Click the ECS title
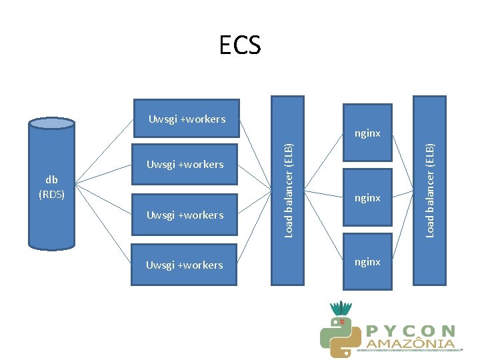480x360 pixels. click(x=240, y=45)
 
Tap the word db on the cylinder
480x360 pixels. click(x=51, y=179)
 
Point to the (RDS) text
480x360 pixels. click(x=51, y=195)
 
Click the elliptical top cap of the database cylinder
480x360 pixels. click(x=51, y=123)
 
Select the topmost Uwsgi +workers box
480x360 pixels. click(x=187, y=119)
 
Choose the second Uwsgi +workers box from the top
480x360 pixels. click(x=185, y=164)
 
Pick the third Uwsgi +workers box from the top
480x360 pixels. click(x=185, y=215)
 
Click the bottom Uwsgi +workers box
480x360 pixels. click(x=185, y=265)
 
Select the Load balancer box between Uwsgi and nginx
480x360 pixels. click(x=288, y=190)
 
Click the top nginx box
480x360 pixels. click(x=367, y=133)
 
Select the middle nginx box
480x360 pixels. click(x=367, y=198)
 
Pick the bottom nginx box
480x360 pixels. click(x=367, y=262)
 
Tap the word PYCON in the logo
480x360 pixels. click(x=411, y=330)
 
